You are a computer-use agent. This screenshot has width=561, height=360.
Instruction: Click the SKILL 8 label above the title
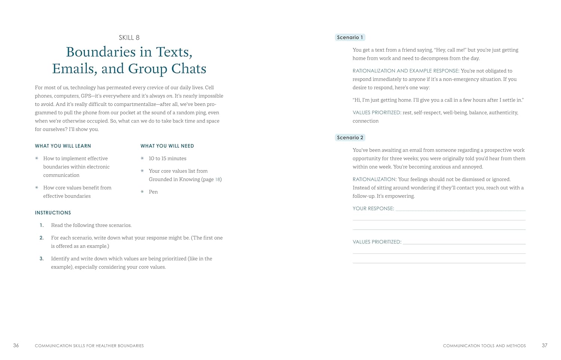pyautogui.click(x=129, y=37)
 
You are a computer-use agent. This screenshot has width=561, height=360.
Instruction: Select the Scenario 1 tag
pyautogui.click(x=350, y=37)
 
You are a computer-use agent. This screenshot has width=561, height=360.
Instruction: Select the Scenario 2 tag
pyautogui.click(x=350, y=138)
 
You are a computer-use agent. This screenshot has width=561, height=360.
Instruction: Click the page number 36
pyautogui.click(x=16, y=345)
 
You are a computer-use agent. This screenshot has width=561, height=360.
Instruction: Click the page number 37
pyautogui.click(x=545, y=345)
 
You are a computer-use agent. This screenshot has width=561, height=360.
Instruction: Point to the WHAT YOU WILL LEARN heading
pyautogui.click(x=63, y=146)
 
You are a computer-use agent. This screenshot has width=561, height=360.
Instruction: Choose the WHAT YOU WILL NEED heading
pyautogui.click(x=167, y=146)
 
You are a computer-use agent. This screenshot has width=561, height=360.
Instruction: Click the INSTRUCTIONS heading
pyautogui.click(x=53, y=213)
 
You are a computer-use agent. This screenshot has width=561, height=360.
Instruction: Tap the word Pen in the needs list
pyautogui.click(x=153, y=192)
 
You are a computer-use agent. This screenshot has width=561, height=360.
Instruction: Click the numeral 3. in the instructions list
pyautogui.click(x=42, y=258)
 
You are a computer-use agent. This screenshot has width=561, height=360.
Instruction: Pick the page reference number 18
pyautogui.click(x=218, y=179)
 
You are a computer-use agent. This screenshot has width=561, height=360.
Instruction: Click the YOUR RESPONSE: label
pyautogui.click(x=373, y=209)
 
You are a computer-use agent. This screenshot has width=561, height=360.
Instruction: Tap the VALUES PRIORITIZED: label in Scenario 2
pyautogui.click(x=377, y=242)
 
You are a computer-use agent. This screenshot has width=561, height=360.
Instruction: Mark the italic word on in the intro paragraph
pyautogui.click(x=169, y=96)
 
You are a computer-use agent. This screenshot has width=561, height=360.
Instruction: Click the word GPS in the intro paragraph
pyautogui.click(x=86, y=96)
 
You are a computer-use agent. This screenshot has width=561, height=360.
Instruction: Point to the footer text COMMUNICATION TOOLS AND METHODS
pyautogui.click(x=484, y=346)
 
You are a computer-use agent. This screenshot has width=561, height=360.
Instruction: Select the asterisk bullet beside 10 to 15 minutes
pyautogui.click(x=142, y=159)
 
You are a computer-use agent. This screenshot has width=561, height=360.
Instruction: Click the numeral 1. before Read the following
pyautogui.click(x=42, y=225)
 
